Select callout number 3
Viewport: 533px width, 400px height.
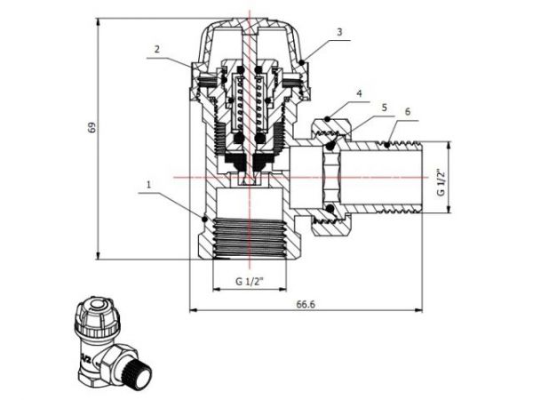(338, 31)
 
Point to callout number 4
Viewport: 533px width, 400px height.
(359, 92)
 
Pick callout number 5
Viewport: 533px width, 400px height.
(384, 107)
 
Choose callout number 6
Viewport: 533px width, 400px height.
(408, 113)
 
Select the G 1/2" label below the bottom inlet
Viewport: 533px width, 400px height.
(250, 283)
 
